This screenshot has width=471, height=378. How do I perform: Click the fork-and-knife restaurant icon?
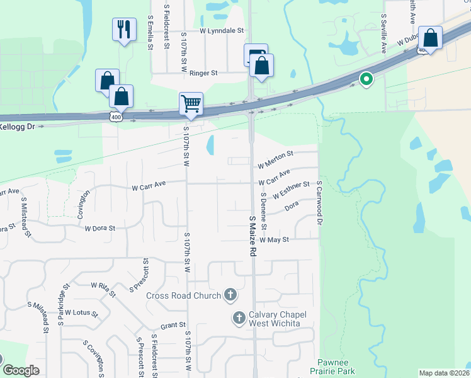(x=124, y=29)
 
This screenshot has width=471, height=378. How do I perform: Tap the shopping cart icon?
(x=191, y=103)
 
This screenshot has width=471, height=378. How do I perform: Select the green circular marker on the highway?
(x=365, y=79)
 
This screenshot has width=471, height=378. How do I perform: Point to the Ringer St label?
(x=203, y=73)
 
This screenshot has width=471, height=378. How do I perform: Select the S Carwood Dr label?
(x=319, y=203)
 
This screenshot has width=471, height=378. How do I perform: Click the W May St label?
(x=274, y=240)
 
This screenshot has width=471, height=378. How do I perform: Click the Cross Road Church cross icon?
(x=230, y=295)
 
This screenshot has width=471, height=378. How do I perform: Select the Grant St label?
(x=173, y=326)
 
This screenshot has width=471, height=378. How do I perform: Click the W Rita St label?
(x=103, y=289)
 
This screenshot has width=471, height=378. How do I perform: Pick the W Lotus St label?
(x=82, y=313)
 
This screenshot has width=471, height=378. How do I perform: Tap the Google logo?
(x=21, y=370)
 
